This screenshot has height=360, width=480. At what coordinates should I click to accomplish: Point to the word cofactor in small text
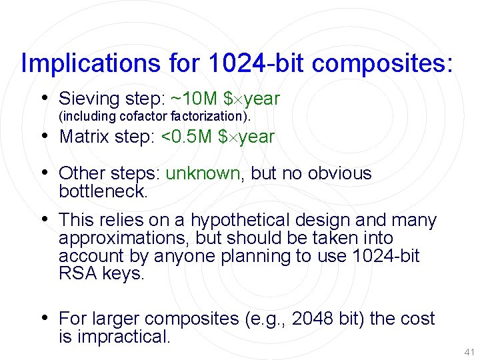point(145,117)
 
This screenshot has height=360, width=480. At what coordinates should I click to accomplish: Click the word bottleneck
point(102,191)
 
